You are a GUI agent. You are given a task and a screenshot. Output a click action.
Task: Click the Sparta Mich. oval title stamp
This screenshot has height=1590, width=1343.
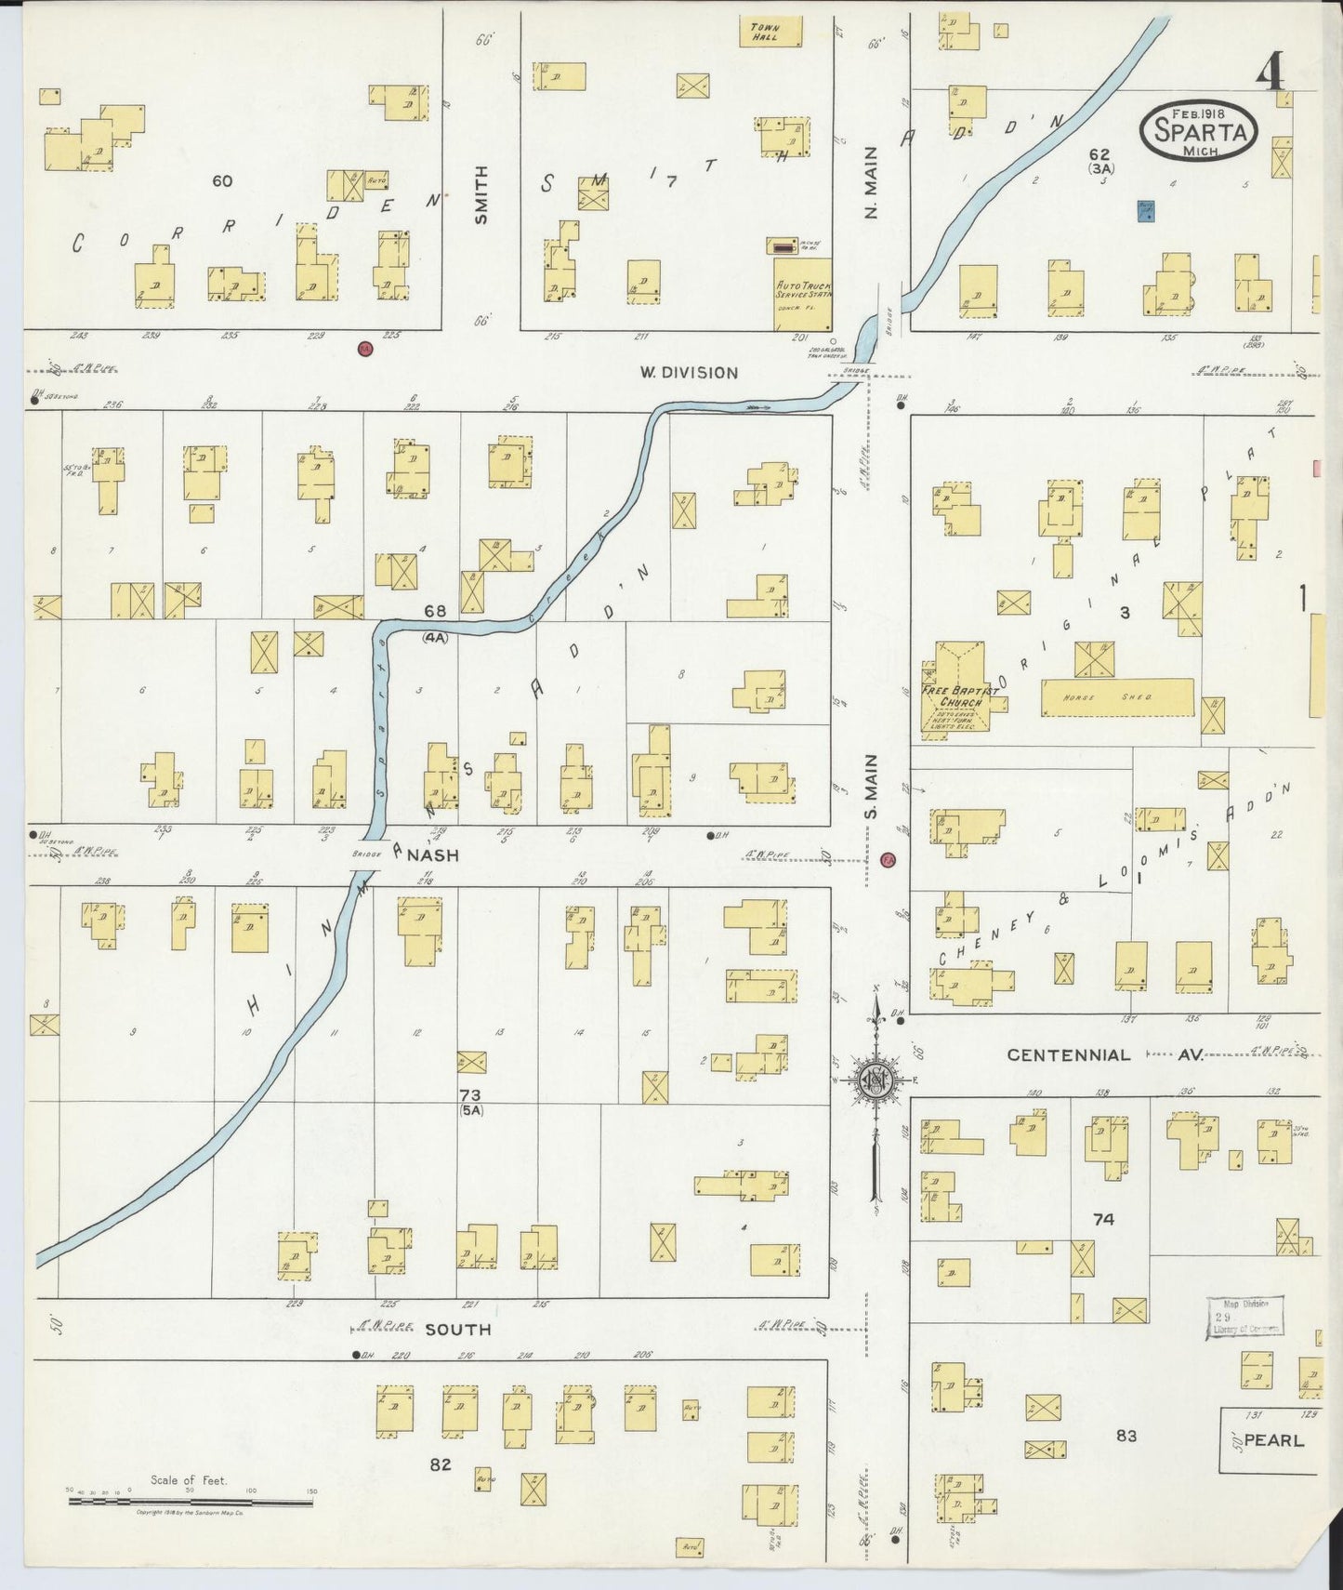coord(1199,131)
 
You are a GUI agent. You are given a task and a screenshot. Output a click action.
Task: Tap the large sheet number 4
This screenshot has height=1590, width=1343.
coord(1271,72)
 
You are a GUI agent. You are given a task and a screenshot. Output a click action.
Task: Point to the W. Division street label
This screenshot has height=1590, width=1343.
coord(689,373)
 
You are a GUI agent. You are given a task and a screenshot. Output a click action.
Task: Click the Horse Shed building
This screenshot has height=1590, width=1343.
coord(1116,697)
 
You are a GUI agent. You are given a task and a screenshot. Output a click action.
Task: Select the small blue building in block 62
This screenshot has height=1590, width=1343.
coord(1147,211)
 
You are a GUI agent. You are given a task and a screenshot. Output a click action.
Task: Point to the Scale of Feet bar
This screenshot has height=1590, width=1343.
coord(190,1495)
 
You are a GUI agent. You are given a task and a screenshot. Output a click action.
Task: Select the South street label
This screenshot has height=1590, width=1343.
coord(457,1330)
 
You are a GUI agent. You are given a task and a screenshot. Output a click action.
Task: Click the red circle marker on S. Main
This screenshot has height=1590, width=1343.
coord(888,859)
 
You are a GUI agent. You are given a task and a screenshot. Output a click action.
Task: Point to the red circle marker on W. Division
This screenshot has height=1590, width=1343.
coord(365,349)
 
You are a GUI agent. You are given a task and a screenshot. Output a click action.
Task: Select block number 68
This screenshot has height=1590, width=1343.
coord(435,611)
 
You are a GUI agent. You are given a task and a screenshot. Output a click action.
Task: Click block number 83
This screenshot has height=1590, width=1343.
coord(1126,1436)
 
